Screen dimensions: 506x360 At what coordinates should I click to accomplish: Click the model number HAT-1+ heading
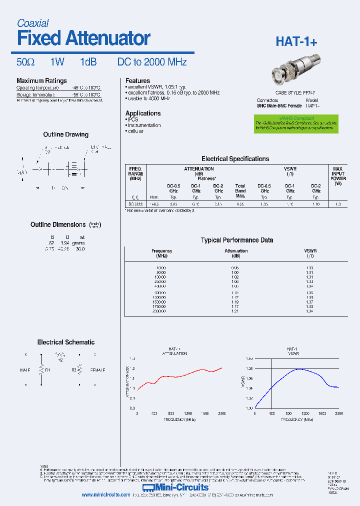pos(296,42)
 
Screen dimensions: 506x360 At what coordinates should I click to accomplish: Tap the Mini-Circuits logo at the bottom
pos(175,487)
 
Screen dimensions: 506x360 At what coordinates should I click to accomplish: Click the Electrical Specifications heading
pos(235,158)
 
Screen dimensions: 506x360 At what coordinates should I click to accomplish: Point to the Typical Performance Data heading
pos(236,240)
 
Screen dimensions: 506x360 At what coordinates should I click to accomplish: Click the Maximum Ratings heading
pos(41,80)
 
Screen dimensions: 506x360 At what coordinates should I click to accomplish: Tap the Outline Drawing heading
pos(65,134)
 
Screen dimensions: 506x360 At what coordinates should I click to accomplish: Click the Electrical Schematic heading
pos(65,342)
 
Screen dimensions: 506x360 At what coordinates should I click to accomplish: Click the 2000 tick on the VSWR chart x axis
pos(338,414)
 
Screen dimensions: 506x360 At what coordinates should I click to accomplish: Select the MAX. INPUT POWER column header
pos(338,176)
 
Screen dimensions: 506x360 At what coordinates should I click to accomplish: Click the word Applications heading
pos(142,113)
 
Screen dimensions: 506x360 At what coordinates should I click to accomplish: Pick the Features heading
pos(137,80)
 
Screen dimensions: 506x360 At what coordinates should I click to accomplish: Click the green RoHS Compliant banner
pos(288,123)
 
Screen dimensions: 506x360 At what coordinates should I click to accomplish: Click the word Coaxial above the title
pos(33,23)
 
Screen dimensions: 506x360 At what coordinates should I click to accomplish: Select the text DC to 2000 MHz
pos(152,62)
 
